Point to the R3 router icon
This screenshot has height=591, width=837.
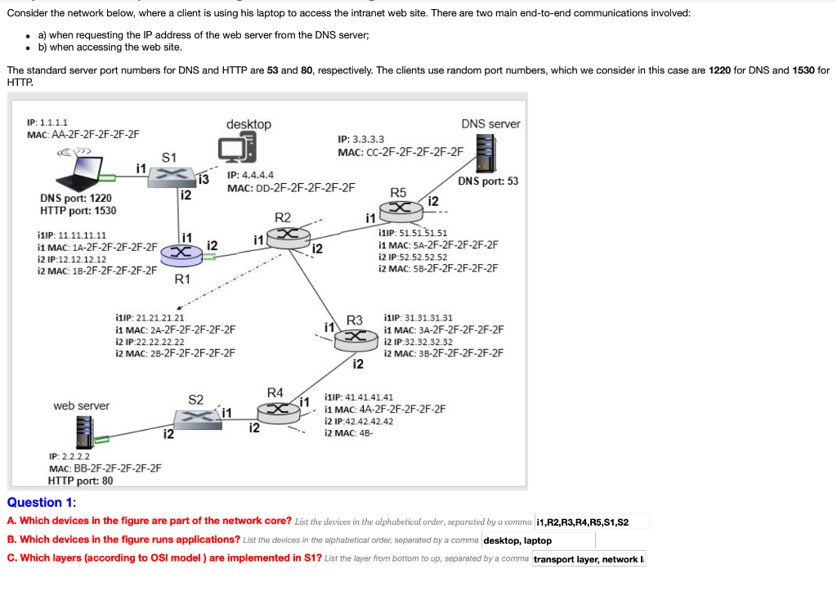(x=355, y=337)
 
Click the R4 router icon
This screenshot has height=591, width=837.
(x=278, y=408)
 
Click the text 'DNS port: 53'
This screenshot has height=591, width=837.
(x=488, y=181)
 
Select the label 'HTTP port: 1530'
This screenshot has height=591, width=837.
(x=78, y=211)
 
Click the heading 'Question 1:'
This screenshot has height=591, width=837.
(x=42, y=503)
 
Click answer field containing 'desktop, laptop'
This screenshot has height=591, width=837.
(x=538, y=540)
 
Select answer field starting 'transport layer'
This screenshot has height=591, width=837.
(x=589, y=559)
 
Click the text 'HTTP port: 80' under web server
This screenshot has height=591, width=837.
(x=80, y=481)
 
